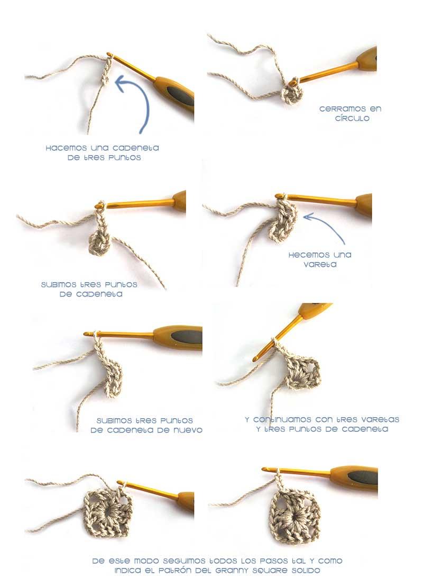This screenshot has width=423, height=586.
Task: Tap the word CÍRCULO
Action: coord(352,119)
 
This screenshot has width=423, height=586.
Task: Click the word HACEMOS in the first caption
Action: coord(64,148)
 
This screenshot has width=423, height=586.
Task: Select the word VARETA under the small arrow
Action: coord(319,264)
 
